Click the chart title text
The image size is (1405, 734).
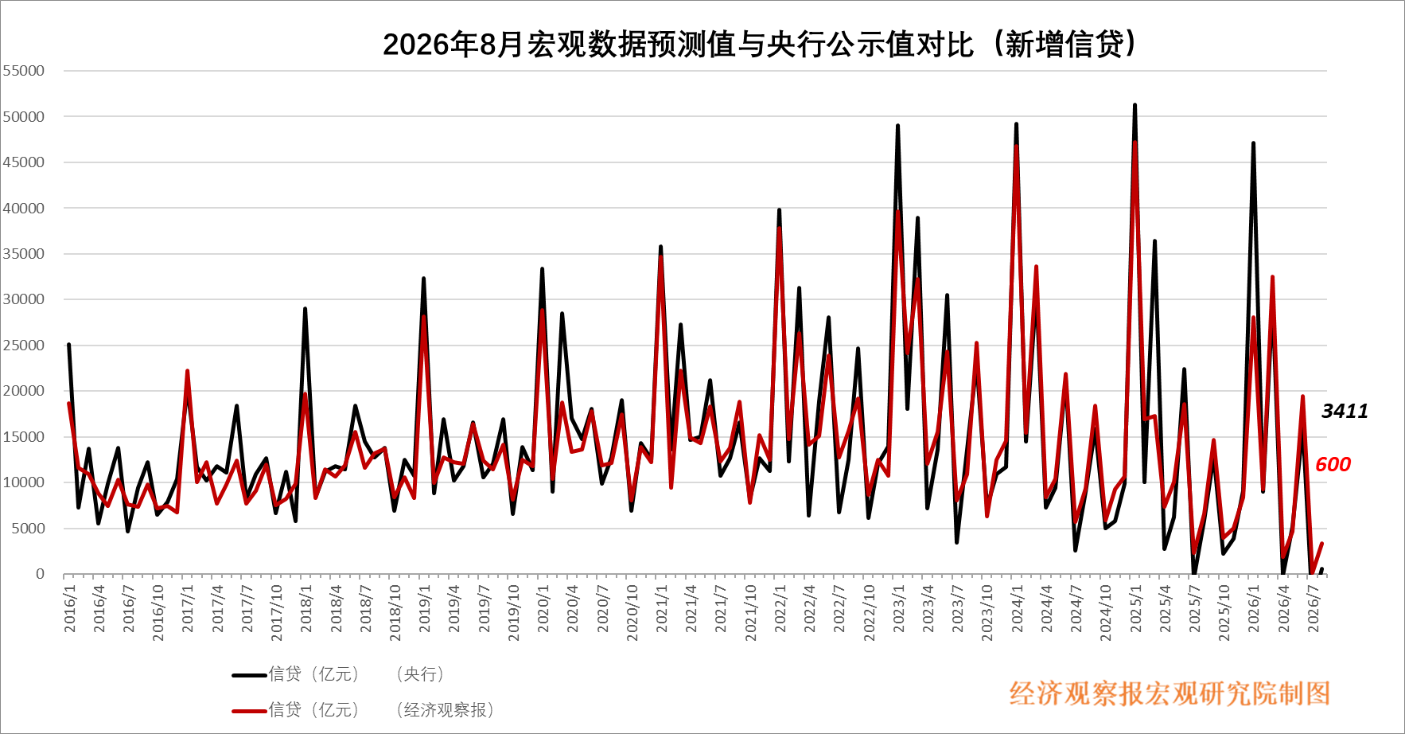pos(760,44)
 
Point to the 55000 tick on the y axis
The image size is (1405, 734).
pos(24,71)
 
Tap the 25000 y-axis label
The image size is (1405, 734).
pos(24,346)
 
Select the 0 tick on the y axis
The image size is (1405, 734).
pos(40,574)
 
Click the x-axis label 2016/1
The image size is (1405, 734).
pos(70,609)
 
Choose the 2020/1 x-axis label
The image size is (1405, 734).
pos(543,609)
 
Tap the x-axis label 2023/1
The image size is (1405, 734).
pos(899,609)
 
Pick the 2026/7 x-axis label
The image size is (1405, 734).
pos(1314,609)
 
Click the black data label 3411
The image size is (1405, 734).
pos(1345,411)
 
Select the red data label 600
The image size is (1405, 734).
pos(1333,464)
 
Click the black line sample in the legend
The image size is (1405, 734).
pos(249,675)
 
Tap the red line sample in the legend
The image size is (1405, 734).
pos(249,710)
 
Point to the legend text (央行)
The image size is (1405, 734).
pos(419,674)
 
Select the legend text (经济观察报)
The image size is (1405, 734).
pos(445,709)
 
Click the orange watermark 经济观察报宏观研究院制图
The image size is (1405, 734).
pos(1170,693)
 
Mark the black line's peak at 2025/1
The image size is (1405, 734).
pos(1135,104)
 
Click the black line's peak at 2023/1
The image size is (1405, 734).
pos(897,125)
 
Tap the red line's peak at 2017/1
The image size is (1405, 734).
pos(187,371)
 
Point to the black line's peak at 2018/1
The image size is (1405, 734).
pos(305,309)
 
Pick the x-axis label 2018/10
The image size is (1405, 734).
pos(395,613)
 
